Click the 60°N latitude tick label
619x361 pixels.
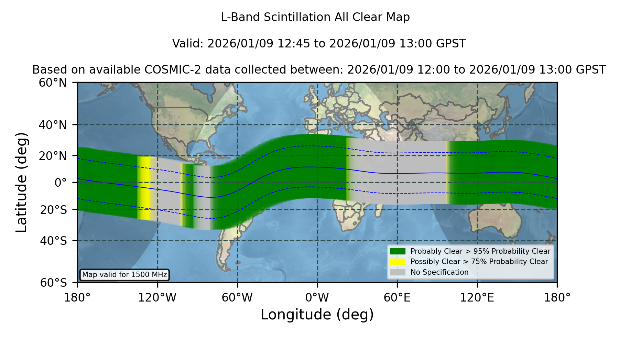coord(53,83)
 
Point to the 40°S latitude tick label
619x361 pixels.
coord(53,241)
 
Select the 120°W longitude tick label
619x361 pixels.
coord(157,297)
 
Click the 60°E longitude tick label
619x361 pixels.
coord(397,297)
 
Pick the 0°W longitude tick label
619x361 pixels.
coord(317,297)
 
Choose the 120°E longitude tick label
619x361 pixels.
coord(477,297)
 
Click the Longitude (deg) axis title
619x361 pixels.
coord(317,315)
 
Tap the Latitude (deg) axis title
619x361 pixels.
coord(21,182)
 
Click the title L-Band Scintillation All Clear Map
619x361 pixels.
coord(315,17)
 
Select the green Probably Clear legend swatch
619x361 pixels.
coord(398,251)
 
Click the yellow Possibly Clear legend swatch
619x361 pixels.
coord(398,261)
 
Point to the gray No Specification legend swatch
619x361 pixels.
coord(398,272)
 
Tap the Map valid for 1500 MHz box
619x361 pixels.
coord(124,275)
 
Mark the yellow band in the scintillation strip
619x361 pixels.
coord(145,188)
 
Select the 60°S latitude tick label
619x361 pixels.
coord(53,283)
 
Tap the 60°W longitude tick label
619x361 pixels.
coord(237,297)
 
